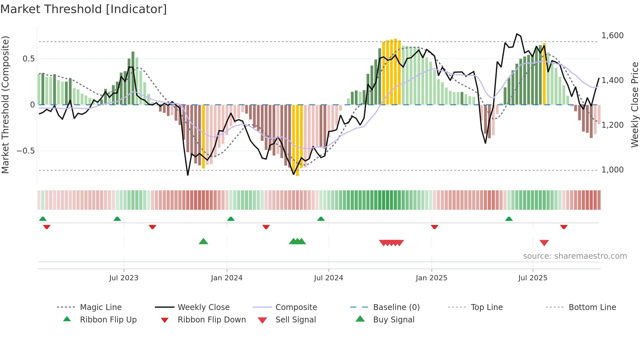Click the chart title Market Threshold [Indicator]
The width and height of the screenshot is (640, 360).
tap(84, 9)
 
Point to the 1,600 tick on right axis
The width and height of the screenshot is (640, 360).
tap(612, 35)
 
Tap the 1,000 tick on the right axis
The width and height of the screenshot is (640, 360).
tap(612, 170)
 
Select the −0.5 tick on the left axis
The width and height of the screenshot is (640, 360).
tap(25, 151)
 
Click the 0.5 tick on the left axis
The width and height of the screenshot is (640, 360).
tap(28, 58)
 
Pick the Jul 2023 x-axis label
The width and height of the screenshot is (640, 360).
tap(124, 278)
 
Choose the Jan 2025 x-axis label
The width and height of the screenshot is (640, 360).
tap(431, 278)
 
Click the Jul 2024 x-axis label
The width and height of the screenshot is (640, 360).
tap(328, 278)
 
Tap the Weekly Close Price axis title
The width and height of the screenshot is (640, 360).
tap(634, 105)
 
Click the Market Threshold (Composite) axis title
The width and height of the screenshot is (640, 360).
tap(5, 105)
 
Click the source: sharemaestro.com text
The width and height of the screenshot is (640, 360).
tap(575, 256)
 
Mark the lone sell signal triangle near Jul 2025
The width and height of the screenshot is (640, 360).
tap(544, 243)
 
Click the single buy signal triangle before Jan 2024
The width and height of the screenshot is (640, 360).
tap(203, 241)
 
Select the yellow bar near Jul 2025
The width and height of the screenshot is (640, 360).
tap(544, 74)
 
